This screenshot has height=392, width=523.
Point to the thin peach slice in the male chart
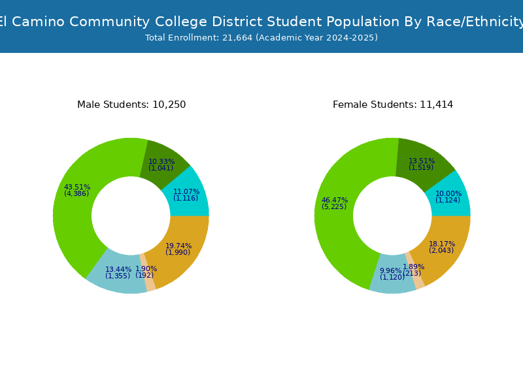point(148,272)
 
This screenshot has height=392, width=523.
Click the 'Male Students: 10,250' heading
point(131,105)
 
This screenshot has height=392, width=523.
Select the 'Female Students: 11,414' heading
point(393,105)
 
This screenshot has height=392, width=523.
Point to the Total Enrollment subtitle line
point(261,38)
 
